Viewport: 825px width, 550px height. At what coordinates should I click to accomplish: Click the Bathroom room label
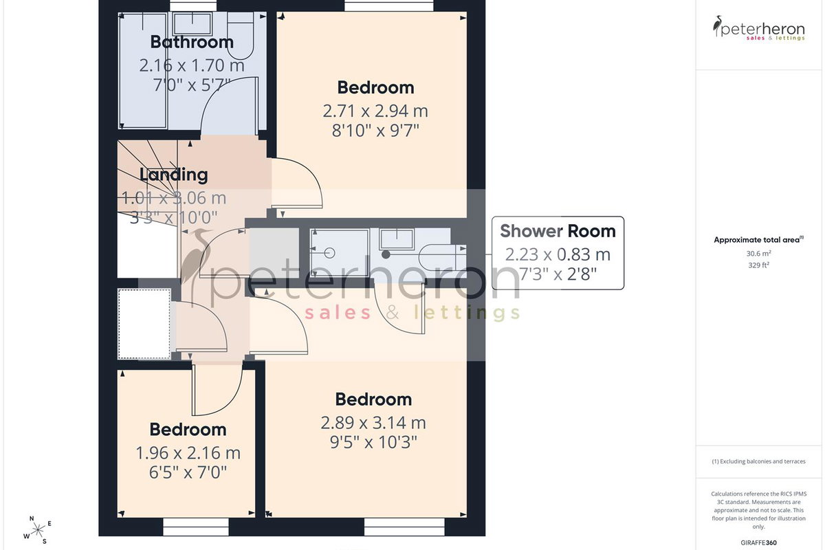[x=192, y=42]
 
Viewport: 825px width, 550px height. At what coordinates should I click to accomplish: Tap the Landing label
[x=173, y=175]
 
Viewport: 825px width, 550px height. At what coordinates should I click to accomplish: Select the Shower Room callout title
[x=558, y=231]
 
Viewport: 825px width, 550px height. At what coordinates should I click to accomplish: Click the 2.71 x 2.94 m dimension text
[x=375, y=111]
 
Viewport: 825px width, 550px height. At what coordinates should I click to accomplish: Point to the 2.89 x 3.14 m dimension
[x=373, y=423]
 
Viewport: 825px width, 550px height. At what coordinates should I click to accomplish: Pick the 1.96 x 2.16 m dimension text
[x=188, y=453]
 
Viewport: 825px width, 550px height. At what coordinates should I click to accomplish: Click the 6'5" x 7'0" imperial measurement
[x=188, y=472]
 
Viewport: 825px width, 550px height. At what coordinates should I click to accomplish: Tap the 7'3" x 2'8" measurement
[x=558, y=274]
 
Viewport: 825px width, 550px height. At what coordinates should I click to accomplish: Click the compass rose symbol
[x=38, y=530]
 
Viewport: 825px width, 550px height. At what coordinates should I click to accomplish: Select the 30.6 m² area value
[x=759, y=254]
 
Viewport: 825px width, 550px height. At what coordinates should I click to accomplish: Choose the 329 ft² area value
[x=759, y=265]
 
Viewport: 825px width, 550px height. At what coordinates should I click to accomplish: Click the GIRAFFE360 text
[x=759, y=542]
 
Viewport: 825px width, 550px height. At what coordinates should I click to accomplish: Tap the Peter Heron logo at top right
[x=759, y=29]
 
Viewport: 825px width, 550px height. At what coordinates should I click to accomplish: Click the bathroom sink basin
[x=192, y=24]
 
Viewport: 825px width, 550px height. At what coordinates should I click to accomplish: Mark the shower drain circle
[x=329, y=253]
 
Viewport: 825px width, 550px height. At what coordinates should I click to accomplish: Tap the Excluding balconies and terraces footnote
[x=759, y=461]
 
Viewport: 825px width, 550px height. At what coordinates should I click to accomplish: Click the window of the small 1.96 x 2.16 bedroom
[x=195, y=527]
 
